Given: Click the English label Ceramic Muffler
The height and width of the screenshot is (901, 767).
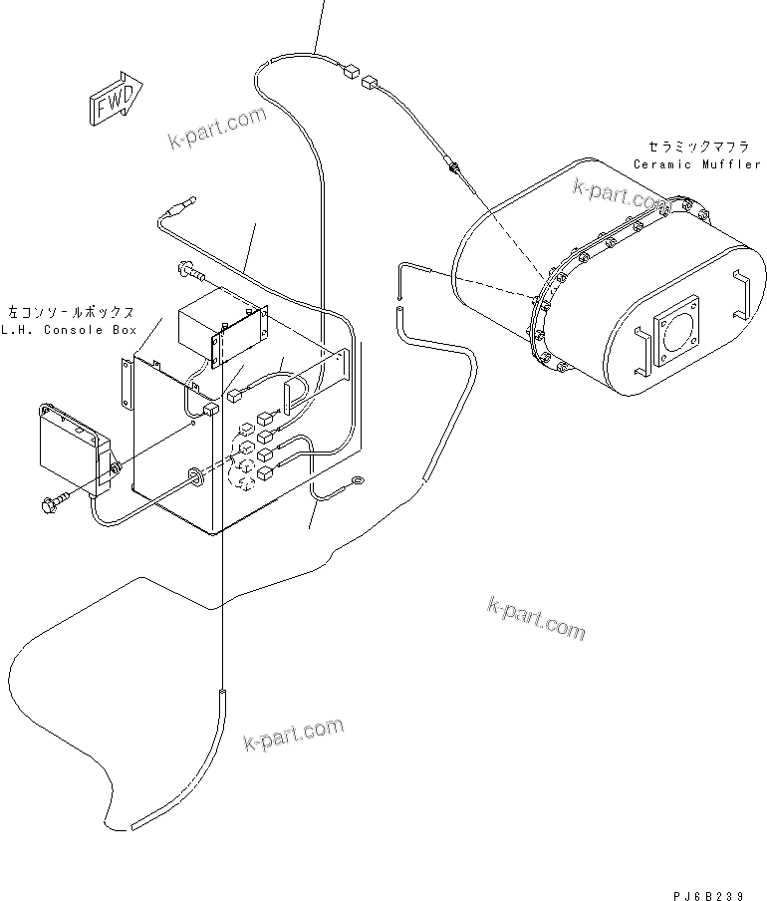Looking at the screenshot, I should pos(696,164).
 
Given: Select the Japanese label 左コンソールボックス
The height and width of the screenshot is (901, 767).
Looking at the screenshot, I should pos(69,312).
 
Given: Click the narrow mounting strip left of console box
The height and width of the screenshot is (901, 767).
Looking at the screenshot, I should pos(126,383).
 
